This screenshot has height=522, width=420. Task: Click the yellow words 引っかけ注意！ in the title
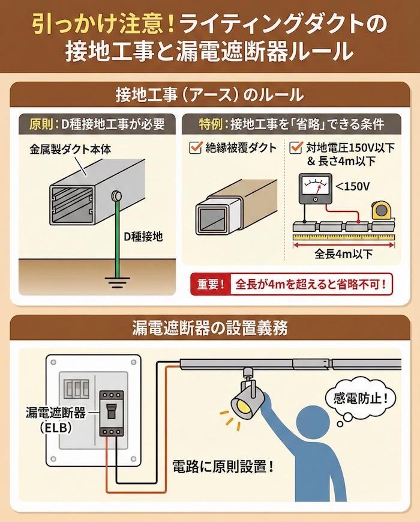click(104, 26)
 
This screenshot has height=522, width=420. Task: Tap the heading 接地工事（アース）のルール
click(209, 95)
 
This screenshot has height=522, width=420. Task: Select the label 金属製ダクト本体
click(70, 149)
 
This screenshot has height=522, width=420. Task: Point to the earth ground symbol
click(117, 282)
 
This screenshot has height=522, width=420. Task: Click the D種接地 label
click(143, 236)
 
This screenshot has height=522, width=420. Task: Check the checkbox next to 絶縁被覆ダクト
click(195, 147)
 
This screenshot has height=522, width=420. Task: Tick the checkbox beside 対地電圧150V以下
click(296, 147)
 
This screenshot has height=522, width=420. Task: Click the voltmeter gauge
click(315, 189)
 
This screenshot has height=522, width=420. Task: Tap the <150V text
click(352, 186)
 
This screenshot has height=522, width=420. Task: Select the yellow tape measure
click(382, 211)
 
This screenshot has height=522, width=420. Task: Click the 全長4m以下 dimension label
click(344, 254)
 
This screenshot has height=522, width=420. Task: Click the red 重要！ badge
click(211, 284)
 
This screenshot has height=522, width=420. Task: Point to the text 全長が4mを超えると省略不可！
click(311, 285)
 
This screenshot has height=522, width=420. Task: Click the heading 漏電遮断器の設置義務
click(209, 328)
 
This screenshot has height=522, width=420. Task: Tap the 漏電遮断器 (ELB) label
click(56, 420)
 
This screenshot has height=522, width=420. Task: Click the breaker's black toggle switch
click(111, 412)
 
